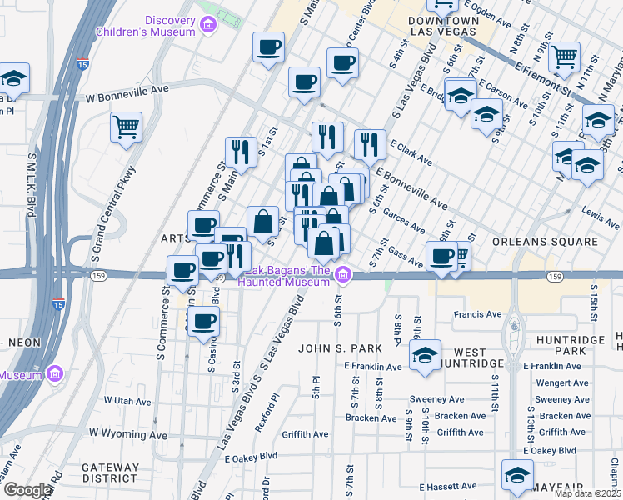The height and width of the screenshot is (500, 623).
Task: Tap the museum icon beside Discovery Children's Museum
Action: [x=208, y=27]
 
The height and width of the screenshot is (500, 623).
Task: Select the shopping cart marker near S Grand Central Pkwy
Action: [x=127, y=127]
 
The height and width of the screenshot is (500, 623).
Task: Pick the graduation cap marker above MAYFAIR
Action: [x=516, y=474]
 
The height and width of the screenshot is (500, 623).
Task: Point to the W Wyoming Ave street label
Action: [x=128, y=435]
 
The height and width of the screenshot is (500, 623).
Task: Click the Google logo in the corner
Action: [x=27, y=490]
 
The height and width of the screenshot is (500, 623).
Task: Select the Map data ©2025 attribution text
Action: [x=587, y=493]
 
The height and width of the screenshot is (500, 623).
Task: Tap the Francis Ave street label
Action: [x=477, y=314]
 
